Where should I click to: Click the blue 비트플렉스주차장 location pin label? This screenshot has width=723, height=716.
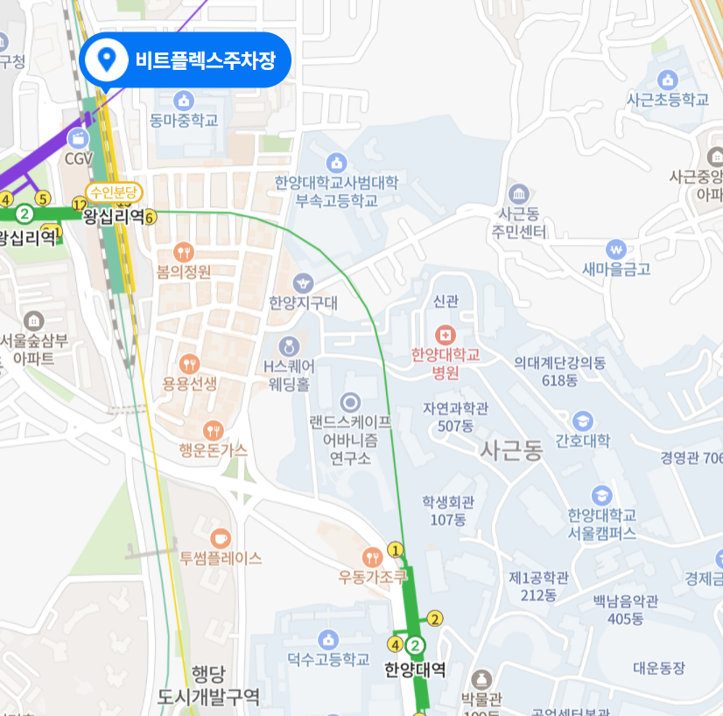pos(184,60)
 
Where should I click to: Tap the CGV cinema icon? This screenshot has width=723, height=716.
pos(79,138)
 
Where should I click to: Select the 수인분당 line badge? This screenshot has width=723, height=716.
pos(113,192)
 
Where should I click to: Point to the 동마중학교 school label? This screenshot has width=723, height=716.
pos(184,121)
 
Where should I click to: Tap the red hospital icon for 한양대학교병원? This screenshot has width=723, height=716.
pos(446,335)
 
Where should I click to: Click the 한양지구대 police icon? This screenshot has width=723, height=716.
pos(303,282)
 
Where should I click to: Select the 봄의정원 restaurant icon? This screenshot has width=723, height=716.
pos(184,252)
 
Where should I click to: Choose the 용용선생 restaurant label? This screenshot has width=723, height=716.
pos(190,384)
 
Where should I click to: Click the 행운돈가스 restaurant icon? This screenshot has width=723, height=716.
pos(214,430)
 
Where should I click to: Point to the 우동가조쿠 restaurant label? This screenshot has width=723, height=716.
pos(374,577)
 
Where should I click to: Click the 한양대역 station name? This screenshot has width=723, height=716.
pos(415,671)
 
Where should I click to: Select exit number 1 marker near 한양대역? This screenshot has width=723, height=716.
pos(396,550)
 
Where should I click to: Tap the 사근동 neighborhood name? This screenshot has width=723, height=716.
pos(511,450)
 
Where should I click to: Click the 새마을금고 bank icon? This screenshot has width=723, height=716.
pos(617,249)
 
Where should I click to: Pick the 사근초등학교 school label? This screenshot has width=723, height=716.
pos(667,100)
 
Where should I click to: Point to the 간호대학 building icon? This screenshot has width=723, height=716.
pos(583,421)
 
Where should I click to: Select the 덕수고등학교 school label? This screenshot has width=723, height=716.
pos(328,659)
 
